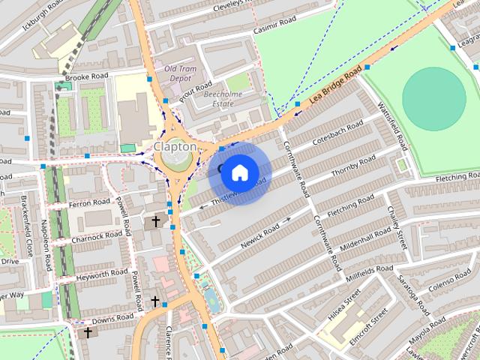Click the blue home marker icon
pos(239,172)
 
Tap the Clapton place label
pos(175,146)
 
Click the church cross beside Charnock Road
pos(156,222)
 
